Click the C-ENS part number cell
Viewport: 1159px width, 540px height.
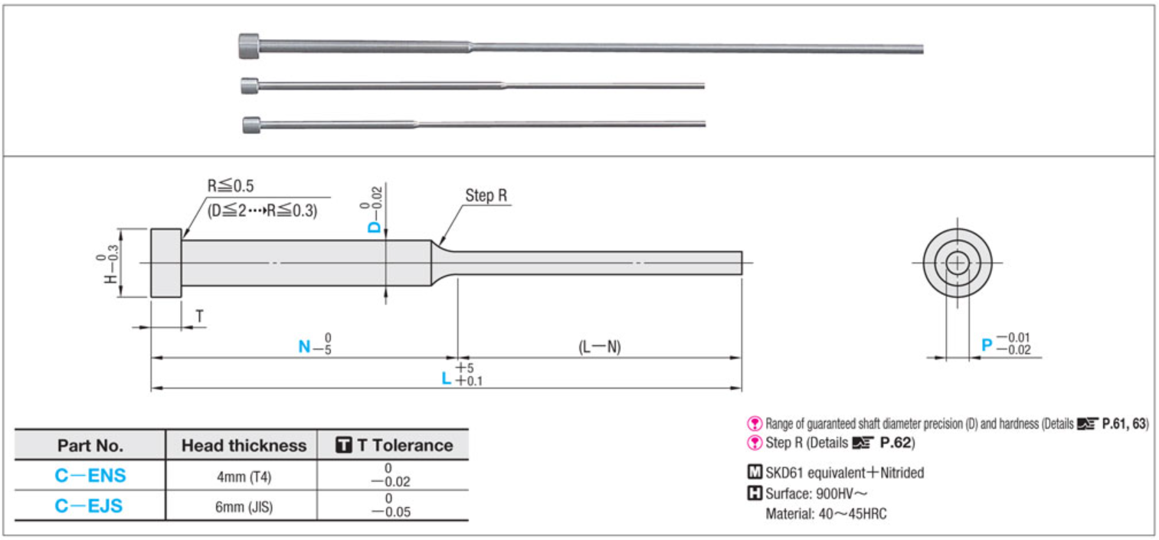pos(90,476)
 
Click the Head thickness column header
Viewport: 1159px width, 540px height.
pos(244,445)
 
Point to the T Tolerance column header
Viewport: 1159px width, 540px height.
pos(395,445)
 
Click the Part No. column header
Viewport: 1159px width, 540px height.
pos(90,445)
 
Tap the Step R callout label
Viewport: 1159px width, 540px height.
pos(486,195)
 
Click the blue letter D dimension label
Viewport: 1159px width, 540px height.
pos(374,227)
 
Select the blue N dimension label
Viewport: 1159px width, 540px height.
pos(304,346)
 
